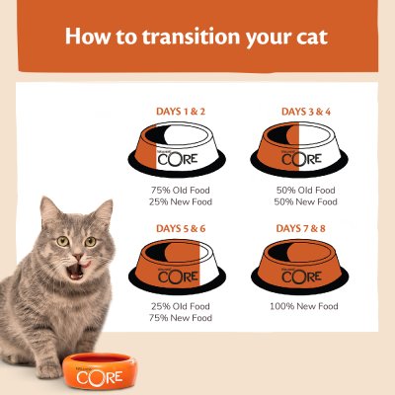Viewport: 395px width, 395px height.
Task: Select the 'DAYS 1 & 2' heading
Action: tap(181, 112)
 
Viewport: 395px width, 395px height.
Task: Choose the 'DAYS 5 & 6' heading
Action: tap(181, 230)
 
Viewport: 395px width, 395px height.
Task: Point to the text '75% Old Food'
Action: tap(181, 189)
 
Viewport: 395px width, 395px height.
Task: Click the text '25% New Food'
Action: tap(181, 201)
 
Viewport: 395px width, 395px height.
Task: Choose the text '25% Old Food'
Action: tap(181, 306)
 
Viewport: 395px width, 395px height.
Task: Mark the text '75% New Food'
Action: tap(181, 319)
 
